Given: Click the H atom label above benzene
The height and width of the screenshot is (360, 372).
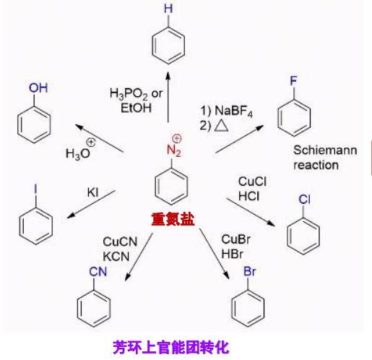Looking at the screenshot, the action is pyautogui.click(x=168, y=9).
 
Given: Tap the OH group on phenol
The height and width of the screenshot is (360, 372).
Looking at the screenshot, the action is pyautogui.click(x=38, y=88).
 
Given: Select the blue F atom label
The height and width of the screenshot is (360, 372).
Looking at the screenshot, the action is pyautogui.click(x=293, y=80).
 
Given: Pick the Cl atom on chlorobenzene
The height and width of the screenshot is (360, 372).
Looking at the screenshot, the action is pyautogui.click(x=304, y=200).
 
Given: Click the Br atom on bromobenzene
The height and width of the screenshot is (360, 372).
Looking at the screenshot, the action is pyautogui.click(x=249, y=272).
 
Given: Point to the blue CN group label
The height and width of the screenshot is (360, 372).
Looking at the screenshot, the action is pyautogui.click(x=98, y=272).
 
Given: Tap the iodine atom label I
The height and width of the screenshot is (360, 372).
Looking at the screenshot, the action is pyautogui.click(x=35, y=189).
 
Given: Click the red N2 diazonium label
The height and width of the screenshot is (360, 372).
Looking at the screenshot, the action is pyautogui.click(x=174, y=150).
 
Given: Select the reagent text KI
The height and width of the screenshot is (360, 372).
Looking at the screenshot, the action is pyautogui.click(x=93, y=192).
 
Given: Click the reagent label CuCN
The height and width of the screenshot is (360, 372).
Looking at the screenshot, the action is pyautogui.click(x=120, y=241).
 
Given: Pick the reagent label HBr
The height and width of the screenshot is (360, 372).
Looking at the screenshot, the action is pyautogui.click(x=232, y=254).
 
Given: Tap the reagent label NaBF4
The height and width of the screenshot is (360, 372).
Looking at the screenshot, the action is pyautogui.click(x=233, y=111).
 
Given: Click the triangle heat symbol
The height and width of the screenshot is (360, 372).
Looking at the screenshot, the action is pyautogui.click(x=221, y=126).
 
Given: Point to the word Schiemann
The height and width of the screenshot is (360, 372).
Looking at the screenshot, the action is pyautogui.click(x=325, y=150).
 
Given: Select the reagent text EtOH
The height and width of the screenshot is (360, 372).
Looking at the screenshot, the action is pyautogui.click(x=136, y=108).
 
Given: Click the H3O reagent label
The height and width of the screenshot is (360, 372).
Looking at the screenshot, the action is pyautogui.click(x=78, y=153).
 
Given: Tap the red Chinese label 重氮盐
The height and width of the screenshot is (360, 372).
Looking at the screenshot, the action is pyautogui.click(x=173, y=219).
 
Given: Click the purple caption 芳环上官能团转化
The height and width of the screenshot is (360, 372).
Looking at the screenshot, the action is pyautogui.click(x=170, y=347).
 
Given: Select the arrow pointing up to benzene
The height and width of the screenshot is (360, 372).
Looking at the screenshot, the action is pyautogui.click(x=168, y=97).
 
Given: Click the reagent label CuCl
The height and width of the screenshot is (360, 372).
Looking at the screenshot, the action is pyautogui.click(x=252, y=181).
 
